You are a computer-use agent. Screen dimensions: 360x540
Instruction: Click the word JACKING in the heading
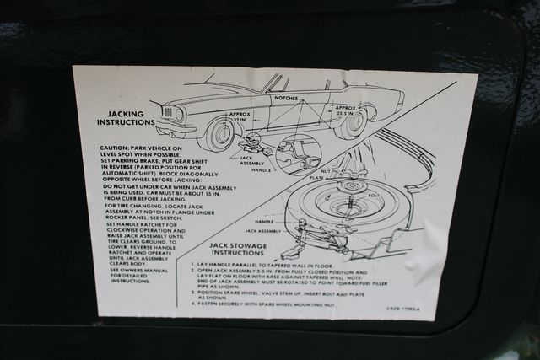(x=124, y=113)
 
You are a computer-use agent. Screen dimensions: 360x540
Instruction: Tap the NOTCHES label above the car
(x=287, y=99)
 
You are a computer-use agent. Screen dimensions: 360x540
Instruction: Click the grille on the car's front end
(x=168, y=114)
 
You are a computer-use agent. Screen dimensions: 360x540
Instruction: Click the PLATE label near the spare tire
(x=317, y=178)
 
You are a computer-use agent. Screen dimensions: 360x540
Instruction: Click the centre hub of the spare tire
(x=348, y=205)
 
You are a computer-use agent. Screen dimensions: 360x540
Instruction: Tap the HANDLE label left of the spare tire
(x=264, y=222)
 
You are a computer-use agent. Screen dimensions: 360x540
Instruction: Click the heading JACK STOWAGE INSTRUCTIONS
(x=237, y=249)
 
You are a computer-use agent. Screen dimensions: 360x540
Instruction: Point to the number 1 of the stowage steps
(x=193, y=264)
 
